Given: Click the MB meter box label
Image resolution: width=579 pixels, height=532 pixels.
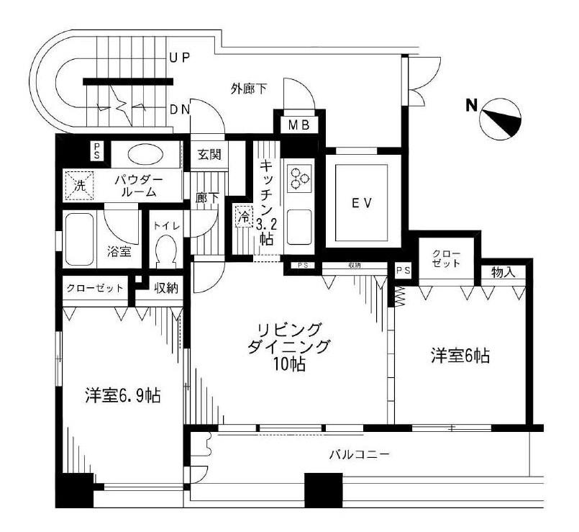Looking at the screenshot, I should point(298,125).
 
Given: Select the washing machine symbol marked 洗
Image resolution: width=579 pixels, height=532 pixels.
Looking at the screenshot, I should point(79,186).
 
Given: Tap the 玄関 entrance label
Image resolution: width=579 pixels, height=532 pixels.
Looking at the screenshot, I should point(210,154).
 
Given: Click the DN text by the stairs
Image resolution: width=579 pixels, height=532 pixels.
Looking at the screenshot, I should point(179,109).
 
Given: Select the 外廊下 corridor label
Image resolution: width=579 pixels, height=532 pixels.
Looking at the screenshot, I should point(249,89).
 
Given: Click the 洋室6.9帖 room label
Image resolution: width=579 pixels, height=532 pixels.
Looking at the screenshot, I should point(123,395).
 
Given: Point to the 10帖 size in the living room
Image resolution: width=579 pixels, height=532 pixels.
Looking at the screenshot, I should point(291,366).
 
